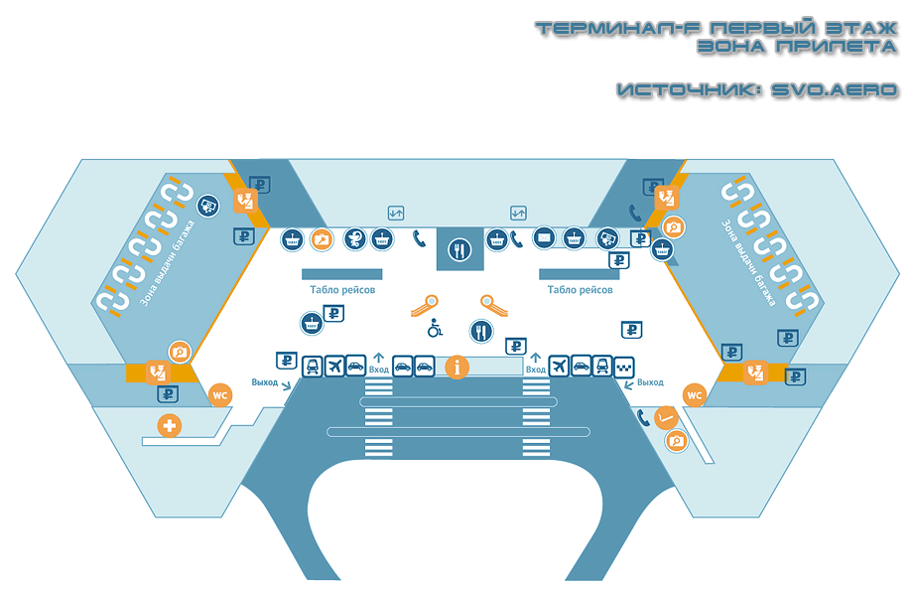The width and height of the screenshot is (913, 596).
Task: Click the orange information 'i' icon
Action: (456, 367)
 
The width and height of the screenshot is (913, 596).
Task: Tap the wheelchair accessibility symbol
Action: (434, 327)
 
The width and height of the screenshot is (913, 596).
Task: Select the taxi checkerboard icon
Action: (625, 367)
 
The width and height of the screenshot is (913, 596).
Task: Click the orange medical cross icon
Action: (171, 426)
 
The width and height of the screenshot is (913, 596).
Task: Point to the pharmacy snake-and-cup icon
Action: (353, 238)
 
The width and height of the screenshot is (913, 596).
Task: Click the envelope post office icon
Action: (544, 238)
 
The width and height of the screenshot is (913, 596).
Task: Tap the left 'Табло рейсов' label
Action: (342, 290)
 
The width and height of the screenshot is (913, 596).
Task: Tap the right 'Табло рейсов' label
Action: (580, 290)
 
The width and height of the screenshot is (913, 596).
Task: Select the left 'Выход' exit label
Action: (265, 382)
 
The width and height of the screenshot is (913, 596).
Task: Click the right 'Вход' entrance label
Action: (536, 370)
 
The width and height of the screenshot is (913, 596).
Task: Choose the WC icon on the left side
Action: (221, 395)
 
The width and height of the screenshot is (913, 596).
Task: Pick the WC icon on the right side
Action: (695, 395)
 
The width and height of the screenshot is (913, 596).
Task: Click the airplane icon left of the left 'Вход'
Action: (334, 367)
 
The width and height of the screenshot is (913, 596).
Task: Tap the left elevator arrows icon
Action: (396, 212)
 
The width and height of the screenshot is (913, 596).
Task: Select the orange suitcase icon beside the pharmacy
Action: (321, 238)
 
